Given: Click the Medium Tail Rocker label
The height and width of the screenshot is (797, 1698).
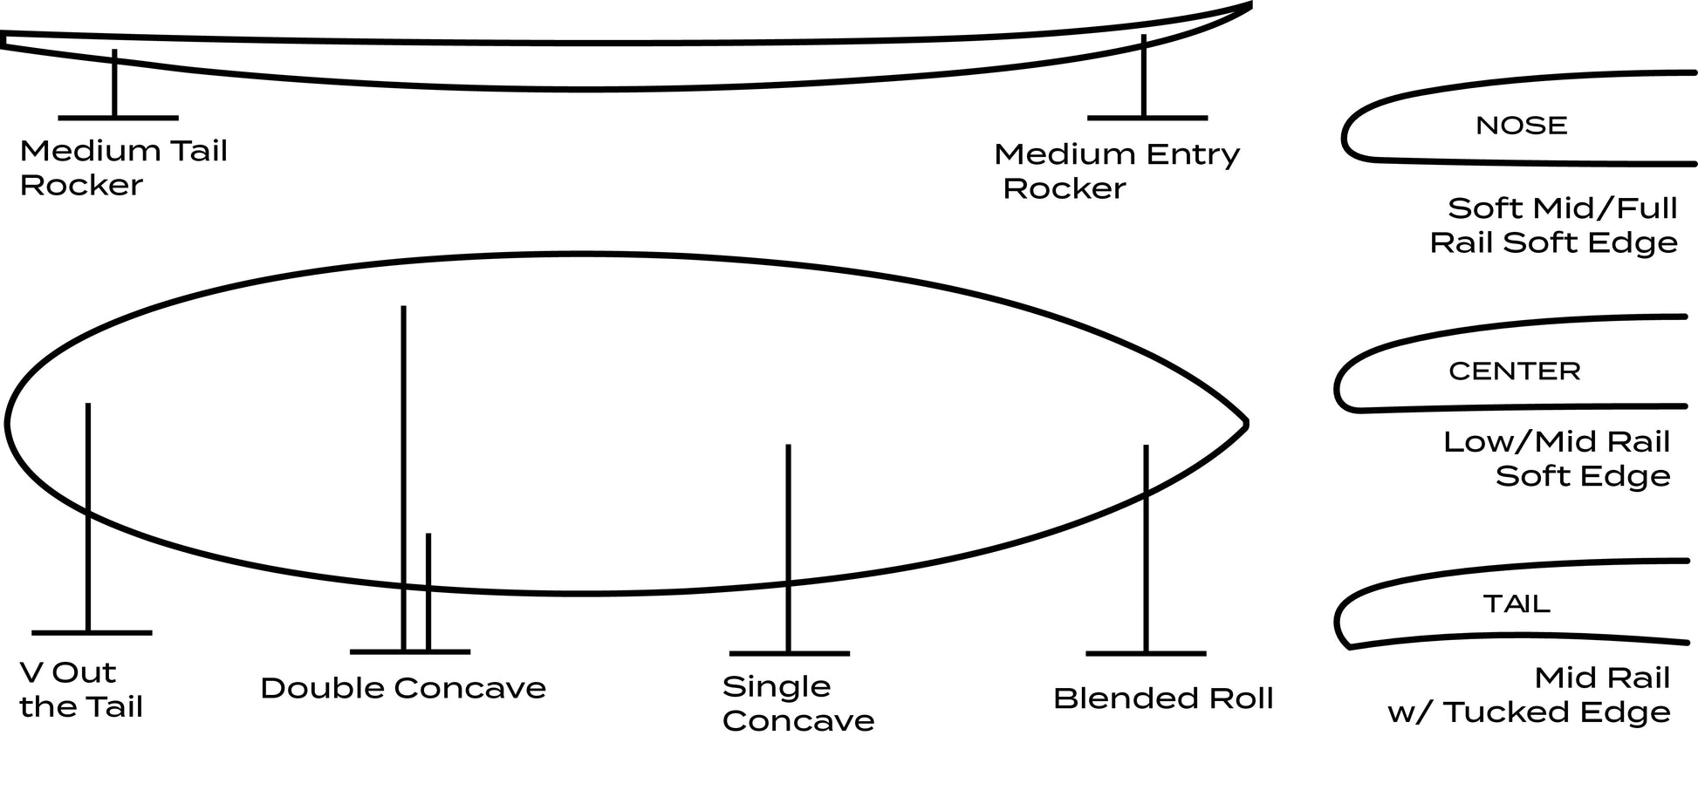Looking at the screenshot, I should (123, 167).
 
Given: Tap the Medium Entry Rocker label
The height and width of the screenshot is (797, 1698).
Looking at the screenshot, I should (1116, 171).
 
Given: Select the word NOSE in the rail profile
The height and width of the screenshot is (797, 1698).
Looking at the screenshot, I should (1521, 126).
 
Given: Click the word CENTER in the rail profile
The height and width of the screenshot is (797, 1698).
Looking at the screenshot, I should (1514, 371).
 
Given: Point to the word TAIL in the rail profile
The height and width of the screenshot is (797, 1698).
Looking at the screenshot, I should (1517, 603).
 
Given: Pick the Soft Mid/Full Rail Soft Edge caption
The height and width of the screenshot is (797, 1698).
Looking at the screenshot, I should (1554, 225).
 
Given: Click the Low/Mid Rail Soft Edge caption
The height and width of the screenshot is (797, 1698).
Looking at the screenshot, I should (1557, 459).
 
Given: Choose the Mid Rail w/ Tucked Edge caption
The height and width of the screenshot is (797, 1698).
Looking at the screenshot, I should (1530, 695).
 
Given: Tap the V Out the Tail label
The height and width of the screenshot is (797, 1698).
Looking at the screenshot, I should (80, 690).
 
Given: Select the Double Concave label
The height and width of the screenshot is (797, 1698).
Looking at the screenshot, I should (403, 688).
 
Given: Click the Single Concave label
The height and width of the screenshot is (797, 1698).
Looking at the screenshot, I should (798, 704).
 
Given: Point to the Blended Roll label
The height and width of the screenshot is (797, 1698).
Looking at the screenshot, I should (1163, 698).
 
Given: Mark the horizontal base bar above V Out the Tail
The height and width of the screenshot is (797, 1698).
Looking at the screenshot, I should (92, 632).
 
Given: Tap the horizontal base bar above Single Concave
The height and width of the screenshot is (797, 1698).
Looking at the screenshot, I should (789, 653).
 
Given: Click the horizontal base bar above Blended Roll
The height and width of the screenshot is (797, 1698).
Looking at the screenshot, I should (1146, 653).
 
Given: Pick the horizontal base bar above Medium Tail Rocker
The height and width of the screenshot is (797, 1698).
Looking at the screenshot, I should (118, 118).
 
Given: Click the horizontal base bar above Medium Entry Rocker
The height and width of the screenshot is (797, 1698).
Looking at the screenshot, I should (1147, 118).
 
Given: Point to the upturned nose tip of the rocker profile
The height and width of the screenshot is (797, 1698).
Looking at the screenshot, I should (1248, 5).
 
